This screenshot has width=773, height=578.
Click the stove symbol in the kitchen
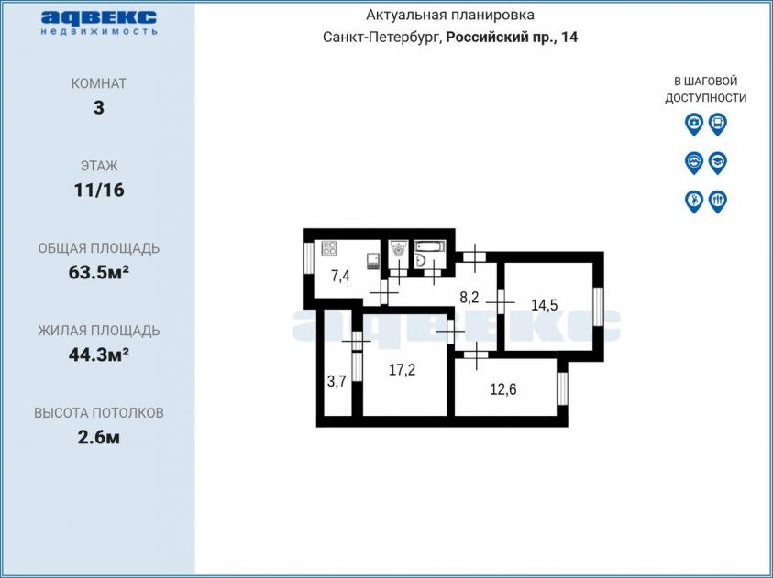pyautogui.click(x=329, y=248)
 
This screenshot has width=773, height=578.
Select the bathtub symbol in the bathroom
pyautogui.click(x=429, y=246)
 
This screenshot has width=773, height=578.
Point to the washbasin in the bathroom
pyautogui.click(x=422, y=260)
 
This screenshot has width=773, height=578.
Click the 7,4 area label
pyautogui.click(x=341, y=277)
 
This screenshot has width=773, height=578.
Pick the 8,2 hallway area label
pyautogui.click(x=469, y=298)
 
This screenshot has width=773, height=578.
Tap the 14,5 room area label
pyautogui.click(x=545, y=305)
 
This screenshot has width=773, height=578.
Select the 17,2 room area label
pyautogui.click(x=402, y=370)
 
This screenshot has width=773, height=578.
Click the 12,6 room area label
pyautogui.click(x=503, y=389)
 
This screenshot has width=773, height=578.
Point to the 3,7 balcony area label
pyautogui.click(x=337, y=381)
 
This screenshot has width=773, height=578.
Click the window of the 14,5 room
pyautogui.click(x=599, y=306)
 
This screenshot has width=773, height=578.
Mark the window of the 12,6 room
pyautogui.click(x=562, y=388)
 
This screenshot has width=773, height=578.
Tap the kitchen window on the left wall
pyautogui.click(x=308, y=257)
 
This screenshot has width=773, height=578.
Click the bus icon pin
pyautogui.click(x=718, y=124)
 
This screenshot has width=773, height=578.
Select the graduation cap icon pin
pyautogui.click(x=718, y=162)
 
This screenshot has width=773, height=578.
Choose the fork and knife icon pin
pyautogui.click(x=718, y=202)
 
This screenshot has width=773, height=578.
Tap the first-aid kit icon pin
pyautogui.click(x=694, y=124)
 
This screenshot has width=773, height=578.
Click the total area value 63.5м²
pyautogui.click(x=99, y=272)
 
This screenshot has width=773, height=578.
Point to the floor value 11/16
pyautogui.click(x=99, y=190)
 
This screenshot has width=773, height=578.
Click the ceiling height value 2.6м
pyautogui.click(x=99, y=437)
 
